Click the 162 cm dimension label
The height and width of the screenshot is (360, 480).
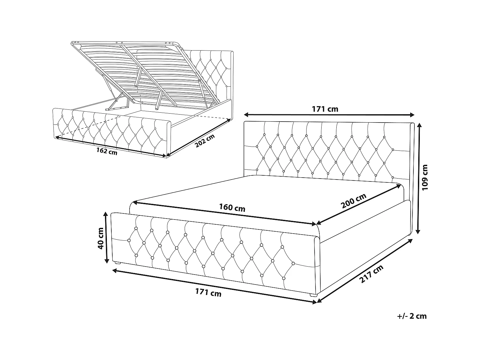coord(107,151)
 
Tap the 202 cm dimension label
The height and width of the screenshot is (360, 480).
coord(204,141)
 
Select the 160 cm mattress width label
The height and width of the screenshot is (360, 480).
coord(232,208)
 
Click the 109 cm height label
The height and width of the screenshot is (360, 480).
coord(425,177)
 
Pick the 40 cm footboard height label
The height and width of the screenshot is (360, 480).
coord(100,238)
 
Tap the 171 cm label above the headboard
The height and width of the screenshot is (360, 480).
coord(325,109)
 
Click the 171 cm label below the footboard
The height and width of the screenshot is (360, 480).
coord(208,292)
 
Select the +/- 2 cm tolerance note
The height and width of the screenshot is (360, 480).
coord(412,316)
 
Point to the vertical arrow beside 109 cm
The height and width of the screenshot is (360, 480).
coord(418,179)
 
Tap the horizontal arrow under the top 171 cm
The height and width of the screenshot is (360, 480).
coord(329,115)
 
